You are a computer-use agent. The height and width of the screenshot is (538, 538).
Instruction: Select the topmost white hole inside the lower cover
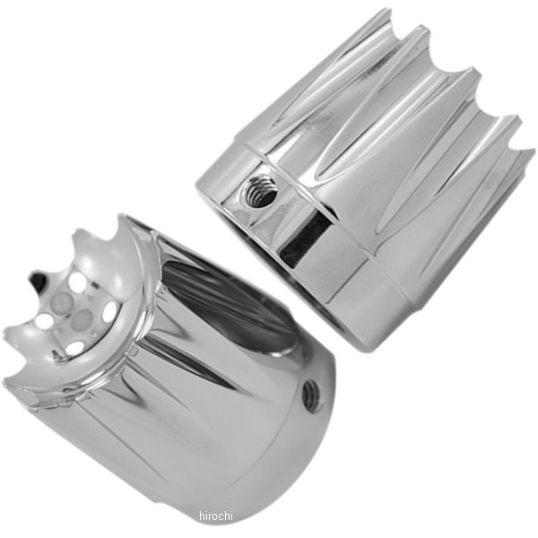coord(82,281)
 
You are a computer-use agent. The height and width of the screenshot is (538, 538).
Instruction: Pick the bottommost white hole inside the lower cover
coord(77,346)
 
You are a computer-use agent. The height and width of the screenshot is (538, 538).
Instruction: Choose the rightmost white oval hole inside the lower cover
coord(109,312)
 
